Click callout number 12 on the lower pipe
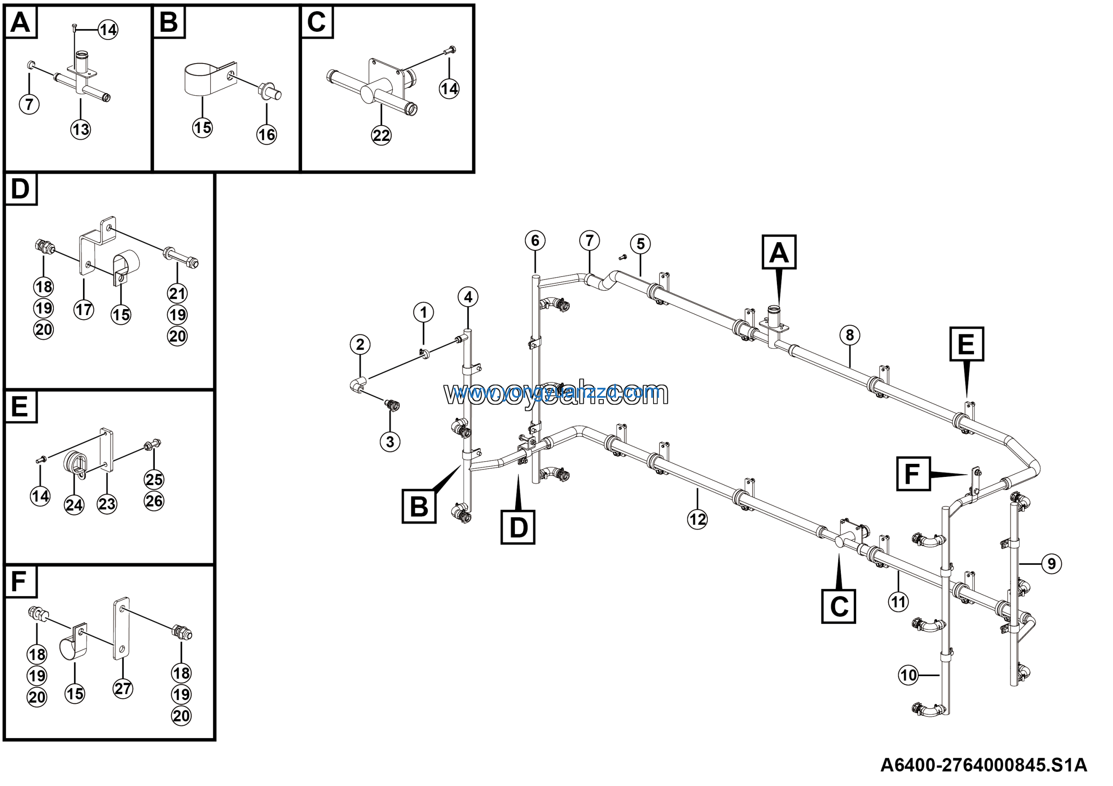pyautogui.click(x=697, y=520)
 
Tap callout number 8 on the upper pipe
pyautogui.click(x=849, y=335)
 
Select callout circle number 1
pyautogui.click(x=423, y=312)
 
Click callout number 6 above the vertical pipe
pyautogui.click(x=535, y=240)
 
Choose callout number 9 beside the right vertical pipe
pyautogui.click(x=1051, y=563)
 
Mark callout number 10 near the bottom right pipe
pyautogui.click(x=908, y=675)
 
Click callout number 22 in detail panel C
pyautogui.click(x=381, y=135)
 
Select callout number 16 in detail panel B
pyautogui.click(x=267, y=134)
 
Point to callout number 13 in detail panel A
pyautogui.click(x=80, y=130)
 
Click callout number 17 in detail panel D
pyautogui.click(x=83, y=309)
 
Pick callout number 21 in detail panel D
pyautogui.click(x=177, y=293)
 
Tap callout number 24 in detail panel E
pyautogui.click(x=73, y=505)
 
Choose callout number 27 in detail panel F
pyautogui.click(x=123, y=688)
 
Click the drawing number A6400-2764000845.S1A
pyautogui.click(x=983, y=765)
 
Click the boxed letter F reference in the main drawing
pyautogui.click(x=913, y=474)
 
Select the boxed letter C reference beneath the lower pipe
pyautogui.click(x=838, y=606)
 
